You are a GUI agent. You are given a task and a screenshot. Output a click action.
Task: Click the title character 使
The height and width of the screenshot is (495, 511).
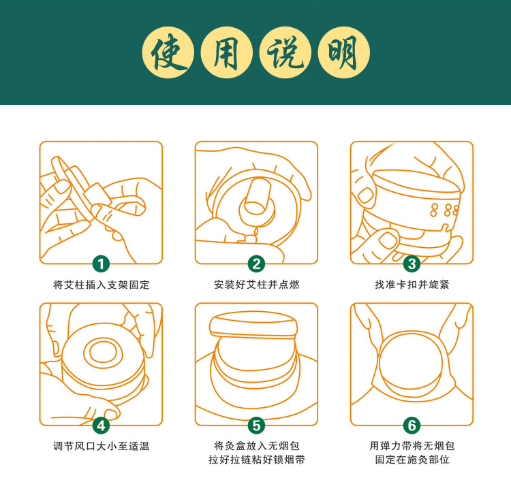tap(168, 52)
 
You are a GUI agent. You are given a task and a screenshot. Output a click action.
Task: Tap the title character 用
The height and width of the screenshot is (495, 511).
tap(226, 53)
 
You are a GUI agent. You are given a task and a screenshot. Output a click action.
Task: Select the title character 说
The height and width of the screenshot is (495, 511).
tap(285, 52)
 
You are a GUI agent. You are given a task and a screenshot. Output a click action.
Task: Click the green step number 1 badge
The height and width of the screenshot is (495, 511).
tap(101, 264)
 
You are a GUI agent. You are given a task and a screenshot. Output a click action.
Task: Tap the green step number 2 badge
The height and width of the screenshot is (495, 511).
tap(256, 264)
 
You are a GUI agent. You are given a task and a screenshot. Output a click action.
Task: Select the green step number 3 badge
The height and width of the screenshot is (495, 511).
tap(412, 264)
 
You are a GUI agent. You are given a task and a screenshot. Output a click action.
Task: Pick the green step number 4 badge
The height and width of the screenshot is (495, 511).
tap(101, 425)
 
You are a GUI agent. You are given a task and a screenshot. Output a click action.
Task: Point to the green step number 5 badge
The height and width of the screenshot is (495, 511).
tap(256, 425)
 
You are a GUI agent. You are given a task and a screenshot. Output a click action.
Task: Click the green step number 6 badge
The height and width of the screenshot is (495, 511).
tap(412, 425)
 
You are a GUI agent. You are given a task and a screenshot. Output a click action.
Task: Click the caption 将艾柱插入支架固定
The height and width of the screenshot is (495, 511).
tap(102, 285)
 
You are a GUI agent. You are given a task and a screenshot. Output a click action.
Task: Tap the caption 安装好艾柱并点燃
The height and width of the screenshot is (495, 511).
tap(256, 285)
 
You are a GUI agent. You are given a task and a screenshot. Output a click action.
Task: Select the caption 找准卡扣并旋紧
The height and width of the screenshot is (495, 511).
tap(412, 285)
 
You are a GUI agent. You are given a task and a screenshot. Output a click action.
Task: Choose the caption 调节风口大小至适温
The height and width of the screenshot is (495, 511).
tap(102, 446)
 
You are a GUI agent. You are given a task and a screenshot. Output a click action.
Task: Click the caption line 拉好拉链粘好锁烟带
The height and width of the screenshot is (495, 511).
tap(257, 460)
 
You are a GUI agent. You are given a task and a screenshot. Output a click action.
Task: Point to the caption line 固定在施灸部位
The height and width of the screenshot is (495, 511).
tap(412, 460)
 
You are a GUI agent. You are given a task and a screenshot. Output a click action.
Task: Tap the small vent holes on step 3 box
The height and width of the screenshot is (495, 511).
tap(444, 210)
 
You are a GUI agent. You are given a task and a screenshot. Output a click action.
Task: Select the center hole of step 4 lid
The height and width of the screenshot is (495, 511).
tap(103, 353)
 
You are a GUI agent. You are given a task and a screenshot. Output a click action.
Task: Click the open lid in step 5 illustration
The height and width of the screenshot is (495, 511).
tap(253, 325)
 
